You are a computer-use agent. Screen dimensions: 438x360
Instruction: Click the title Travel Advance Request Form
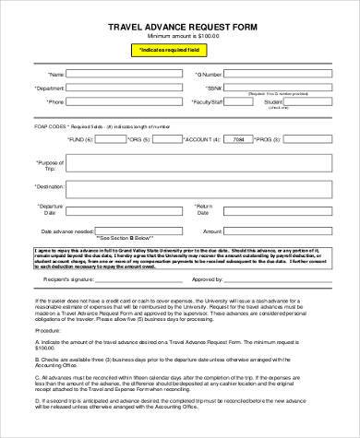[x=179, y=27]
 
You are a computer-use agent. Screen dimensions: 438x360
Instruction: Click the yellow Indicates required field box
[x=180, y=50]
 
